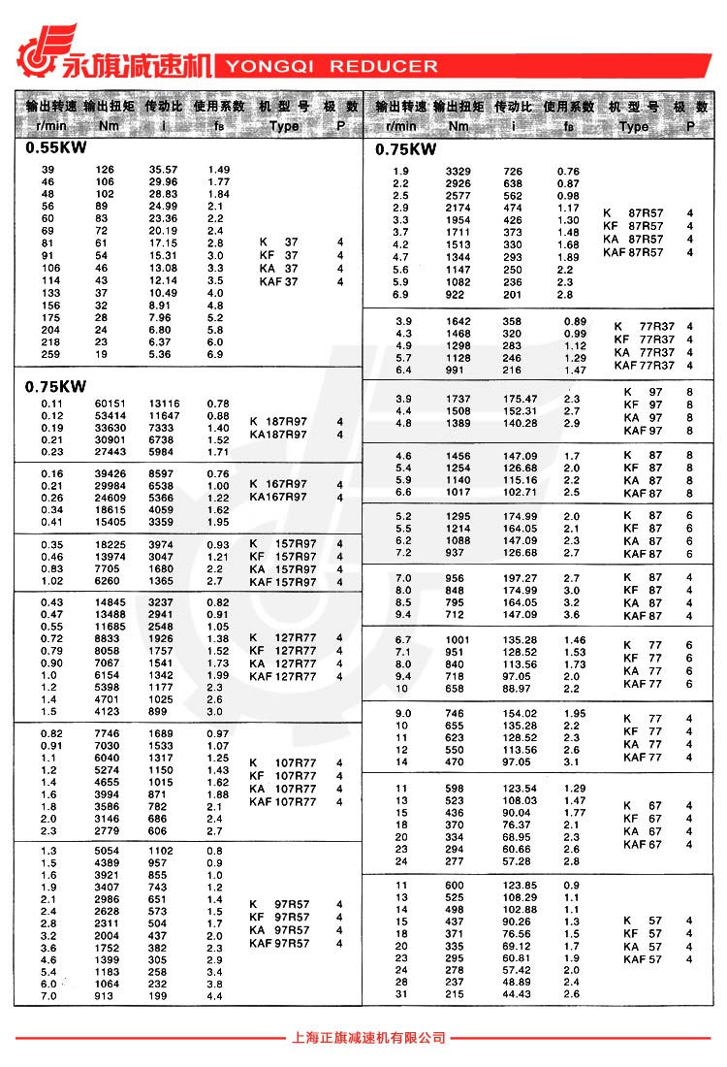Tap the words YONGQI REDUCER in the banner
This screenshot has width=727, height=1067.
(332, 67)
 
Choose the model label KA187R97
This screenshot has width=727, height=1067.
(278, 435)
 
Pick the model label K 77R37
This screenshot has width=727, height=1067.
(645, 326)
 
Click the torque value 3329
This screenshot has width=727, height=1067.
(458, 172)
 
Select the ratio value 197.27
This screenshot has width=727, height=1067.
(520, 578)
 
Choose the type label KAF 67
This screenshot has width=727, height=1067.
(643, 845)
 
